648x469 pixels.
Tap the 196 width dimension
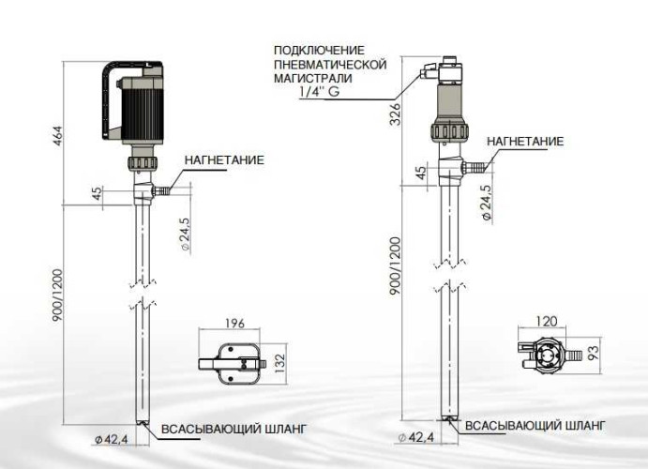pos(234,325)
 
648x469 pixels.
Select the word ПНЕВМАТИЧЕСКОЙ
pos(330,64)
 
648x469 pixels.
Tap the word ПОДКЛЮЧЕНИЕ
pos(319,50)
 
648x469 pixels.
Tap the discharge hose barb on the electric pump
pos(163,190)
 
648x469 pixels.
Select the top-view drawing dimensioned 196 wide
pos(234,360)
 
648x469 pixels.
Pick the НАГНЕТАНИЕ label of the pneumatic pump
pos(524,142)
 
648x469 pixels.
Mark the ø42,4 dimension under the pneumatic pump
pos(414,438)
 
